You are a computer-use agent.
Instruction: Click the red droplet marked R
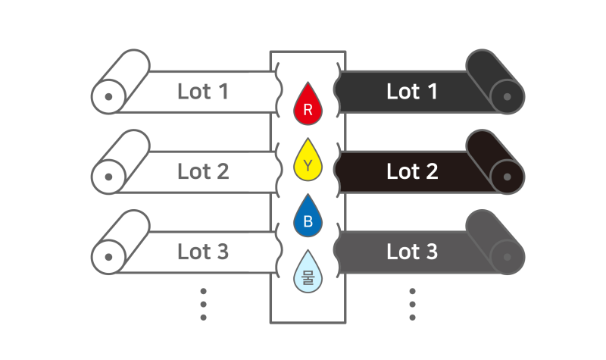(308, 105)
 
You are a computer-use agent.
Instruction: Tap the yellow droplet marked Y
(308, 161)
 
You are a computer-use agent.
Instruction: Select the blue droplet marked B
(308, 217)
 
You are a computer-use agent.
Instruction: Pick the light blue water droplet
(308, 273)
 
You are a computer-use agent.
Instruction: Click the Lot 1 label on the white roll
(203, 92)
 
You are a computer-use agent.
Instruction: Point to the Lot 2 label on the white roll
(203, 172)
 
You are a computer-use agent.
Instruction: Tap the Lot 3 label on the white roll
(203, 252)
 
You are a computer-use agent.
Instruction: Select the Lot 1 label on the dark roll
(412, 92)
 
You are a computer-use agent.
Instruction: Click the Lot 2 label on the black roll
(412, 172)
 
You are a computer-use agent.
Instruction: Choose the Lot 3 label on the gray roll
(412, 252)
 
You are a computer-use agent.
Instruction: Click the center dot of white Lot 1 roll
(108, 97)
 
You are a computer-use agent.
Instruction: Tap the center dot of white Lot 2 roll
(108, 177)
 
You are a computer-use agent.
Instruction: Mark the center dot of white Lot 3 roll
(108, 257)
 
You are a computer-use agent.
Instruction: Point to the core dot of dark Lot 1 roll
(508, 97)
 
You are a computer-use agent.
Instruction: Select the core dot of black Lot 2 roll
(508, 177)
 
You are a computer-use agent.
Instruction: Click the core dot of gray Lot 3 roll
(508, 257)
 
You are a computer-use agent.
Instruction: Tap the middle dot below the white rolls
(203, 305)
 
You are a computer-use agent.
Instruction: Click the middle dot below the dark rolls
(412, 305)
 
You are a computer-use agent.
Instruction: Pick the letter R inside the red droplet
(308, 110)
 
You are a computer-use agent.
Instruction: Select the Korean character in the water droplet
(308, 277)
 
